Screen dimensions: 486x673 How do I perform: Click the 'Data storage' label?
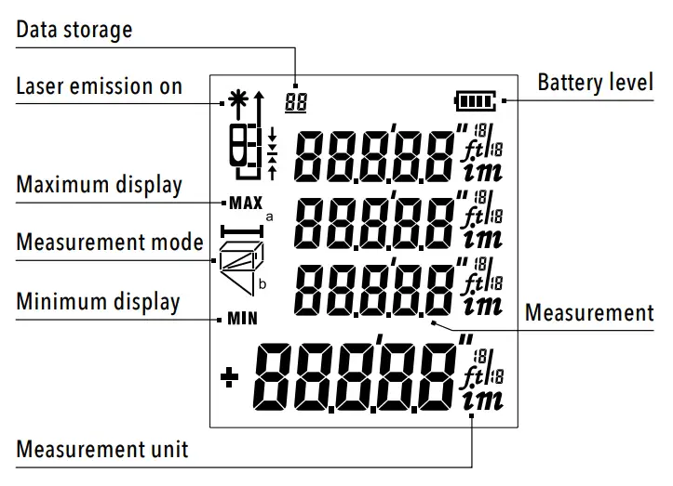[x=74, y=30]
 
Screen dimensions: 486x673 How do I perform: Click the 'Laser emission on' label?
[x=99, y=86]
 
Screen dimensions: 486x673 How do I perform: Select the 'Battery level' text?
[x=595, y=82]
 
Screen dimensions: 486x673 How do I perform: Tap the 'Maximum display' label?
[x=99, y=184]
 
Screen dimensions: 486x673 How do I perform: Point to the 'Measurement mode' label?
[x=110, y=243]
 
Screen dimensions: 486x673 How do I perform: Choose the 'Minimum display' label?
[x=98, y=302]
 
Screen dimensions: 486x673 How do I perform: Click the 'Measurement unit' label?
[x=101, y=450]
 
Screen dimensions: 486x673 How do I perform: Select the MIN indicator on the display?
[x=242, y=318]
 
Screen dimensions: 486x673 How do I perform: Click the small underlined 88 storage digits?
[x=296, y=102]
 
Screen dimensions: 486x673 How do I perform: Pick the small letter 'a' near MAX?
[x=269, y=216]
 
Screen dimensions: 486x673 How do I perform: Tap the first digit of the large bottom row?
[x=279, y=377]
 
